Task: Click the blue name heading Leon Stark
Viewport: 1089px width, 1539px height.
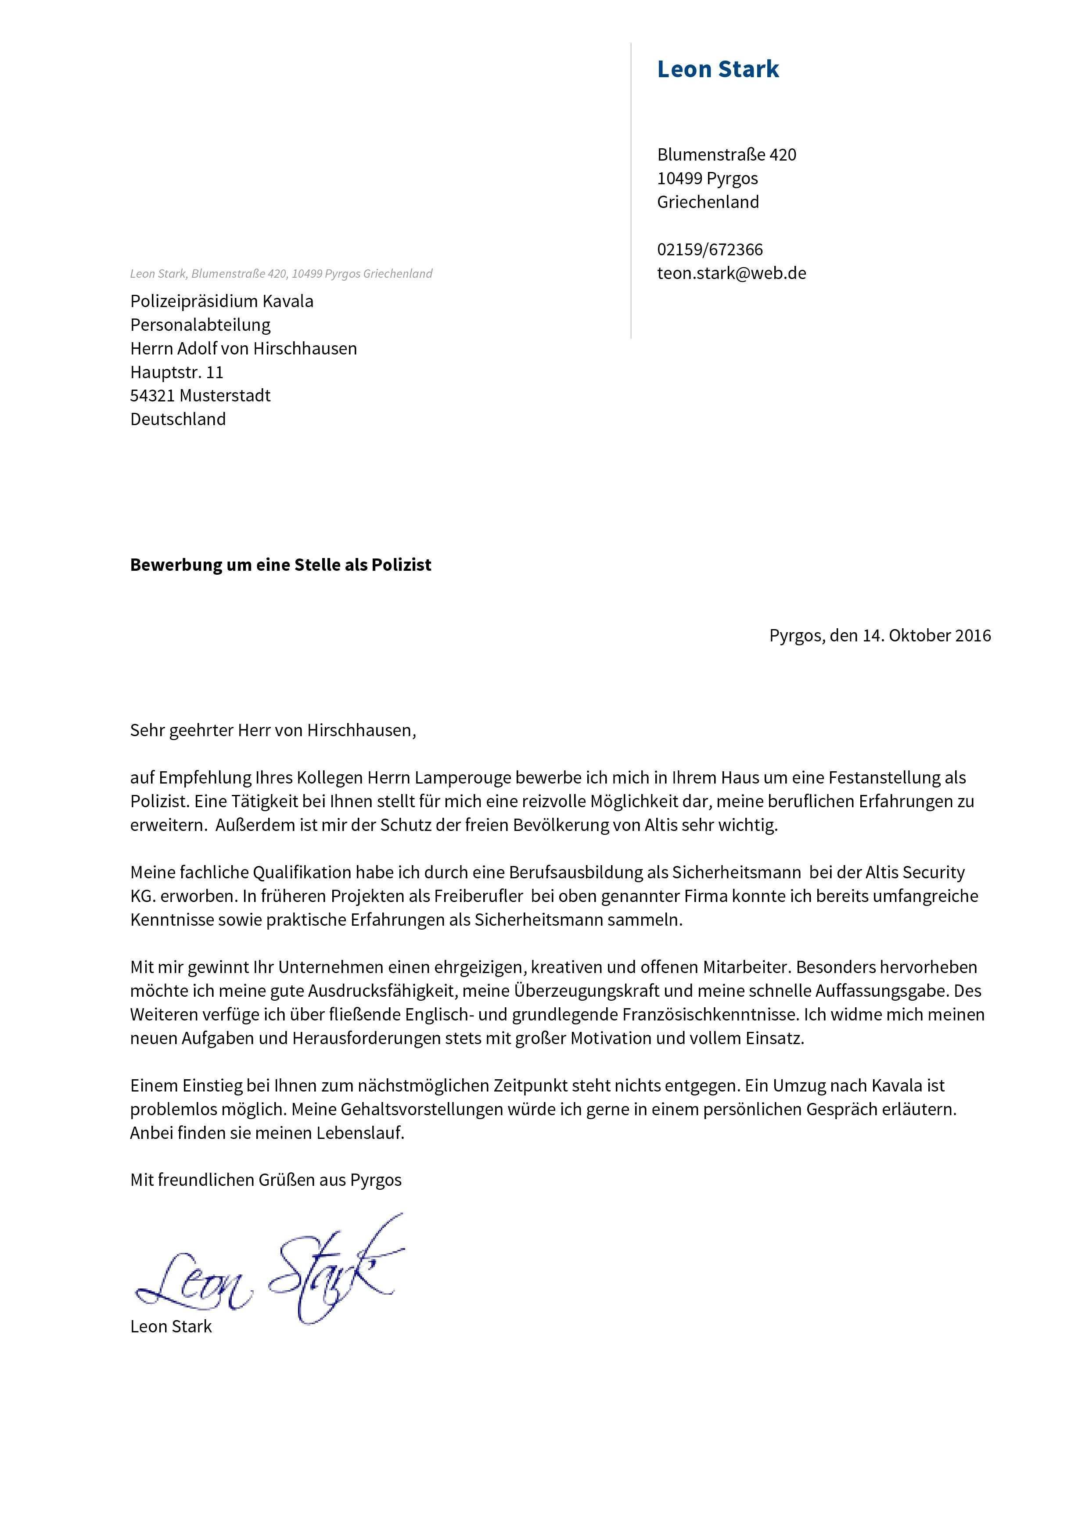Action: (718, 69)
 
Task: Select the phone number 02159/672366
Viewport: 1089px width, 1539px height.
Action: (709, 249)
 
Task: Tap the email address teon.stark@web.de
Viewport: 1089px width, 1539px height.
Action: (731, 273)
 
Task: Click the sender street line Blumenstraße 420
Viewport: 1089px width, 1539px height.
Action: (726, 155)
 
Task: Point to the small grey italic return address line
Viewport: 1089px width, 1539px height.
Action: (281, 273)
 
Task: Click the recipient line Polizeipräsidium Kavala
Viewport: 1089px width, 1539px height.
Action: (221, 301)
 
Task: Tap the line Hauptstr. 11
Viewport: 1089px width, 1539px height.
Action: (176, 372)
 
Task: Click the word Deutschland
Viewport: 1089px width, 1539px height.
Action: (178, 419)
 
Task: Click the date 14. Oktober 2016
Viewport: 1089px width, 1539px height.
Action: (926, 635)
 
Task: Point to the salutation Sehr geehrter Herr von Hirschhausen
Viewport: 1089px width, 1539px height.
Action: (273, 730)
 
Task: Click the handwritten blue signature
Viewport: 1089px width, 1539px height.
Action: (268, 1274)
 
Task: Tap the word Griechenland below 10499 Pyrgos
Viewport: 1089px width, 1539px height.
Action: (708, 202)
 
